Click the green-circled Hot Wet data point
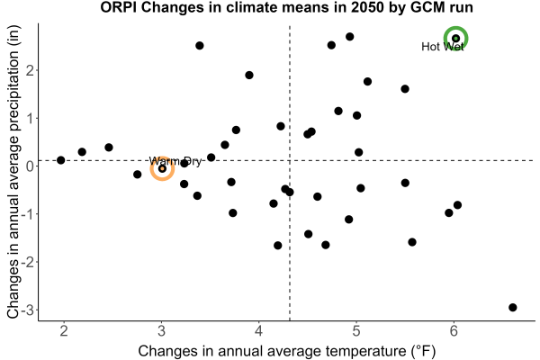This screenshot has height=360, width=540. pos(455,38)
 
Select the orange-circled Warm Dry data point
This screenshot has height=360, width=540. pos(162,169)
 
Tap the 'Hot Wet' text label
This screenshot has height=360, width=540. pos(443,47)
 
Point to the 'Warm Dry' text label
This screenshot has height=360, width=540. pos(175,161)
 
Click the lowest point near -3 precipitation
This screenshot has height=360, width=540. pos(513,307)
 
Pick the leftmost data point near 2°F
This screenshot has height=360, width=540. pos(61,160)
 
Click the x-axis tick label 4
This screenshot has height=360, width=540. pos(258,331)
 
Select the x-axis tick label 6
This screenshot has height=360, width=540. pos(454,331)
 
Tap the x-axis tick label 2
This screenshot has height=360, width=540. pos(64,331)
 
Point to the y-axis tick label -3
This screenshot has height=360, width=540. pos(28,310)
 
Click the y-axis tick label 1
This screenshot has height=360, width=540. pos(31,119)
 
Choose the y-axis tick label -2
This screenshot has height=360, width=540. pos(28,262)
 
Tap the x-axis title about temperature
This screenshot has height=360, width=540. pos(287,351)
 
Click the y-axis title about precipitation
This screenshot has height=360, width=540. pos(13,172)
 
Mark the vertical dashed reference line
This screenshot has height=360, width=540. pos(290,173)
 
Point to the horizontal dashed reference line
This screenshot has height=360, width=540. pos(286,160)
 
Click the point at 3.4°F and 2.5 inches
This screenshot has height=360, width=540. pos(200,46)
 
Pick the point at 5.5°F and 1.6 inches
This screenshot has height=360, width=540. pos(405,89)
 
